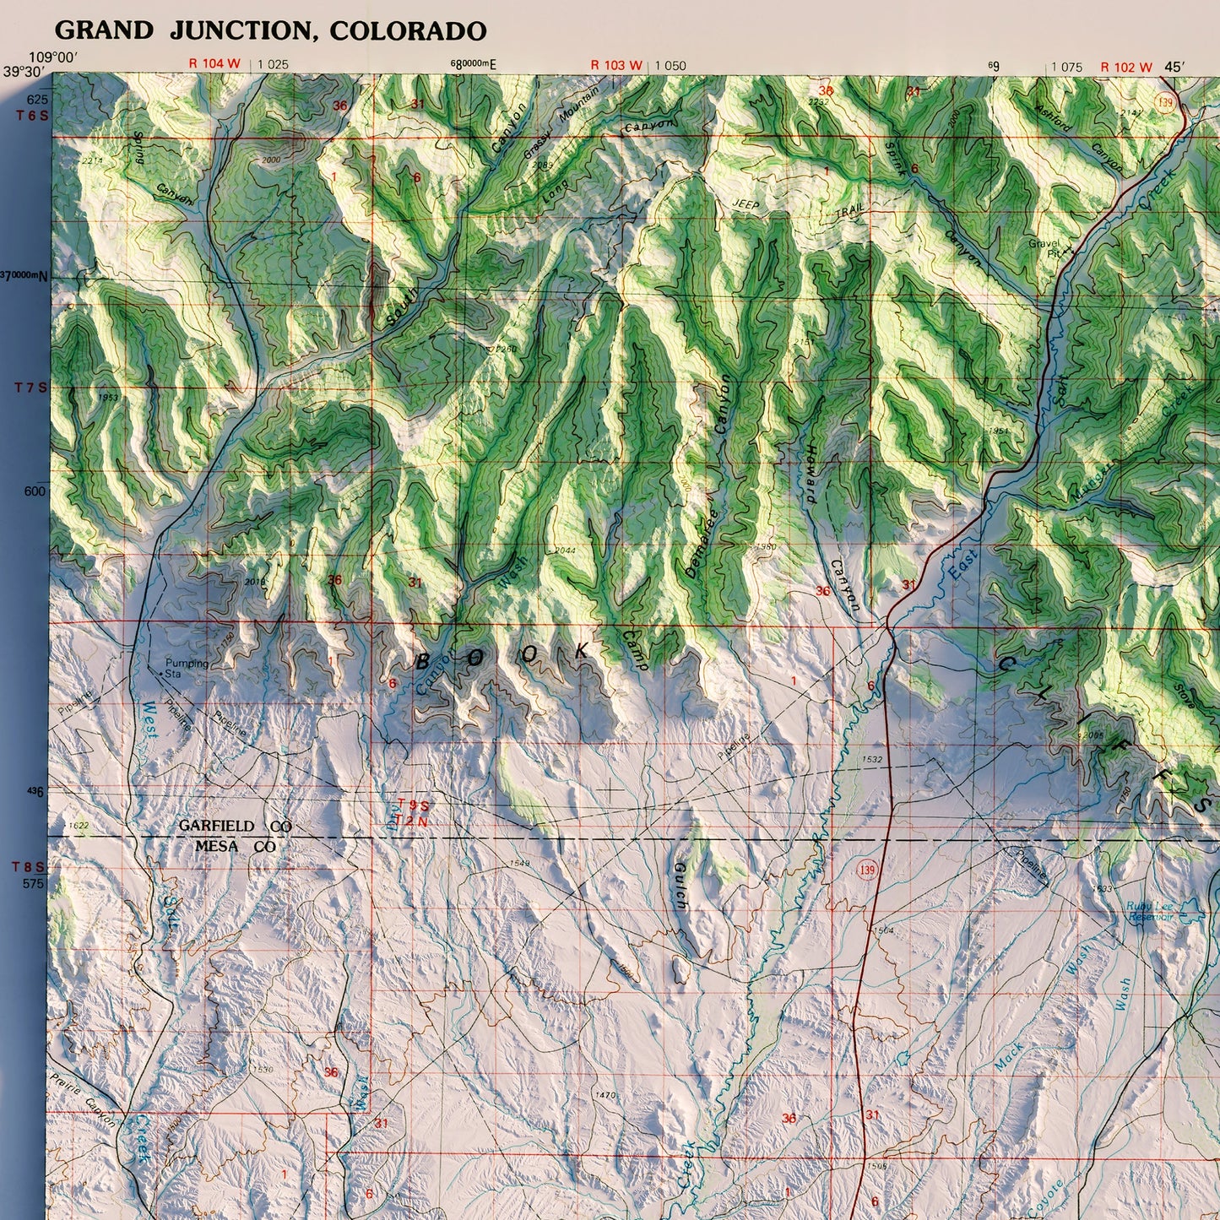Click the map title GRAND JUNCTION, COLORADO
(x=270, y=31)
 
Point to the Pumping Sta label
(x=187, y=669)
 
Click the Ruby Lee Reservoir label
(x=1150, y=912)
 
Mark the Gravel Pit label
(x=1044, y=248)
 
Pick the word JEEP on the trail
(x=745, y=205)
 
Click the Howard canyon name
(x=811, y=474)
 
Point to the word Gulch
(x=680, y=886)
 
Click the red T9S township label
(x=413, y=805)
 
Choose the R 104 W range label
(x=214, y=64)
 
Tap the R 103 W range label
(x=616, y=65)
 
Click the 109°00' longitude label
(x=53, y=57)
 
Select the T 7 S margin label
(x=31, y=388)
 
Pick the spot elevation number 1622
(x=79, y=825)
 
